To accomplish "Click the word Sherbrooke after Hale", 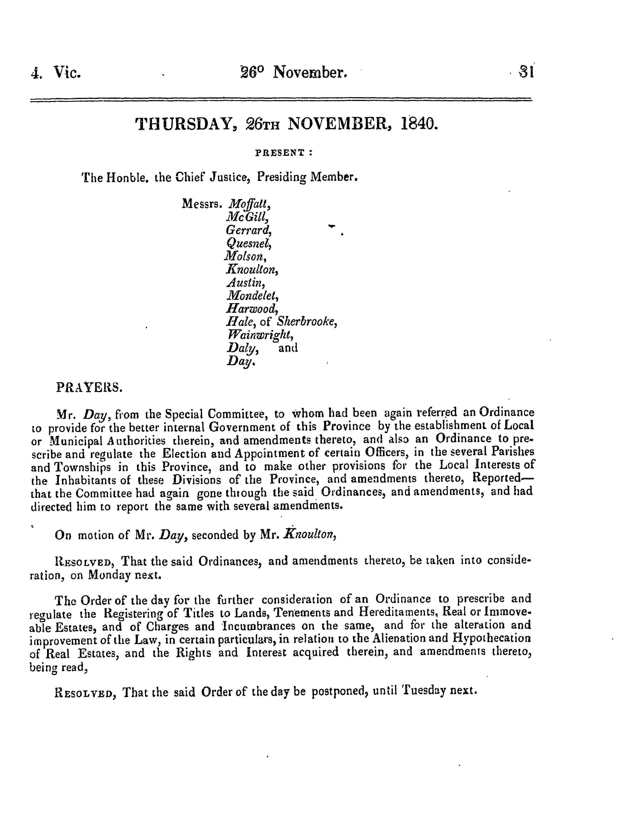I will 306,322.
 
